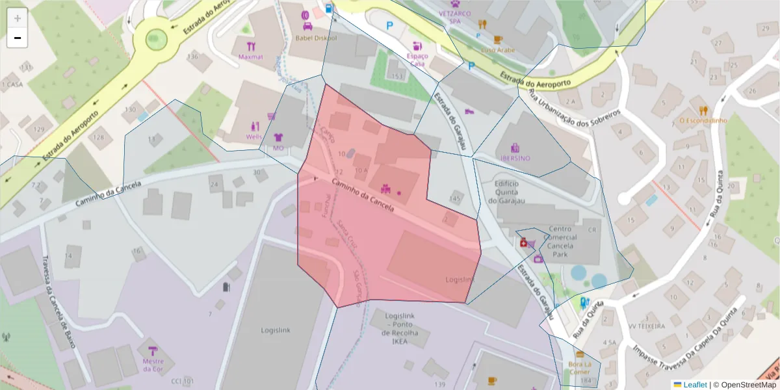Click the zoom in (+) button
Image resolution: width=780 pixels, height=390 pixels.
coord(18,18)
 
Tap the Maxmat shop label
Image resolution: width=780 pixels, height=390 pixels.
coord(250,57)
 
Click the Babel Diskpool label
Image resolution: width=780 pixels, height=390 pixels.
coord(316,38)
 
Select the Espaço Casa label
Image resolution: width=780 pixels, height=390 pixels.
coord(417,60)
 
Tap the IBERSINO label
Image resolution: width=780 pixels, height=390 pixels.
coord(515,158)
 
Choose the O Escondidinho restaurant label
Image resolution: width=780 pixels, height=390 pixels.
coord(703,120)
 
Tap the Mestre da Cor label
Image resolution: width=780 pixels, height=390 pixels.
coord(153,365)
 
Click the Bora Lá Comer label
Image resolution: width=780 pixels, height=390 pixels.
coord(579,368)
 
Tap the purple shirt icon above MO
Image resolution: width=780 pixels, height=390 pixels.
coord(279,138)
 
